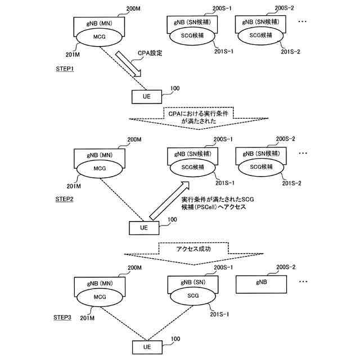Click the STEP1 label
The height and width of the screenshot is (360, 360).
pos(65,69)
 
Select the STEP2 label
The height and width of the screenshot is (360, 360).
pos(64,199)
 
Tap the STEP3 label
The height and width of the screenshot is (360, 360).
pos(62,317)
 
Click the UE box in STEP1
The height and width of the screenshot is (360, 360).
pos(147,97)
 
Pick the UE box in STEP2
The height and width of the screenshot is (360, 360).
pos(144,228)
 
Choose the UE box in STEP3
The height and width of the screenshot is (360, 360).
pos(147,347)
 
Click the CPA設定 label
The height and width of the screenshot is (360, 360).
pos(150,53)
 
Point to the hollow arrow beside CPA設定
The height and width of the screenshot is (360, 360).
pos(128,64)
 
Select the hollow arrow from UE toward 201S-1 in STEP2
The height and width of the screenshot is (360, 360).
pos(170,200)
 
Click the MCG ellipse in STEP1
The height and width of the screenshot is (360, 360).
pos(100,37)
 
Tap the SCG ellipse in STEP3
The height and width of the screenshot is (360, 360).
pos(193,296)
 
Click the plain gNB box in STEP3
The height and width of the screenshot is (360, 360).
pos(261,285)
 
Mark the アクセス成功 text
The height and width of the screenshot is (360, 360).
pos(193,249)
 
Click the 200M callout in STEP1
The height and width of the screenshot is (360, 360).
pos(133,9)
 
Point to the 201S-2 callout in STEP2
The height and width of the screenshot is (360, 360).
pos(291,183)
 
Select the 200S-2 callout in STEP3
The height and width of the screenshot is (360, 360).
pos(286,267)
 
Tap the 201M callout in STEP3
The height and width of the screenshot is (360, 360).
pos(87,318)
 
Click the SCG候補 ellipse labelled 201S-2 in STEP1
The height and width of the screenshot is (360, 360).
pos(260,35)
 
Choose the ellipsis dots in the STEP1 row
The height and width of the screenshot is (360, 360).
pos(303,21)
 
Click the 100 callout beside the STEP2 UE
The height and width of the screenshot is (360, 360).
pos(172,220)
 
